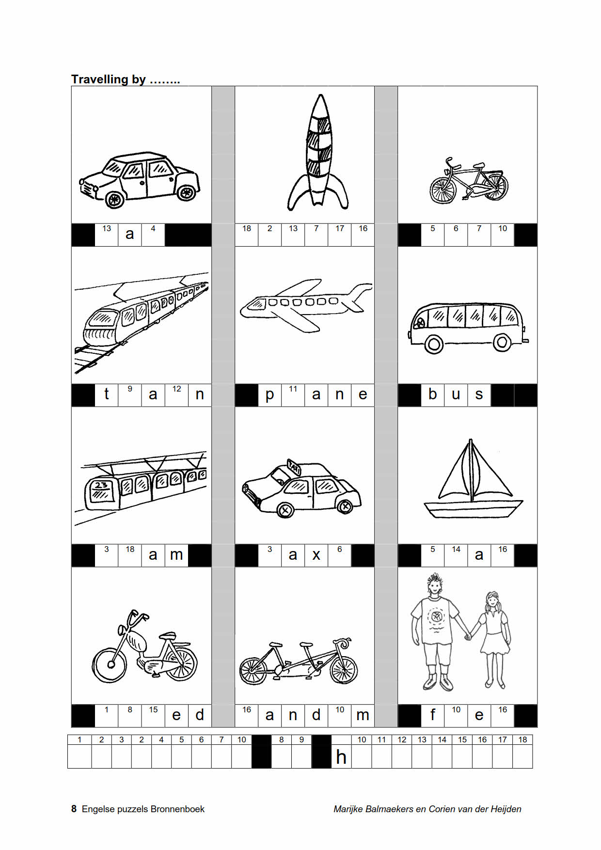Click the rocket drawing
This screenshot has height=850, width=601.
tap(318, 152)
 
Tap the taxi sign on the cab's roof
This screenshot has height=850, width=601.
tap(294, 467)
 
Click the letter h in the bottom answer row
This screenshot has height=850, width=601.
tap(341, 757)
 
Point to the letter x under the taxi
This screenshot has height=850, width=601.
tap(316, 555)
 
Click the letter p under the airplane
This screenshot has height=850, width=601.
tap(269, 396)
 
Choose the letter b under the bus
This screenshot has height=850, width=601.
tap(432, 394)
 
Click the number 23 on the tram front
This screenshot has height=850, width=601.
tap(101, 485)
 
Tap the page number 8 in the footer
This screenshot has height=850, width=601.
tap(74, 809)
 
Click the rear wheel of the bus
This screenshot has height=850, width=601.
tap(502, 343)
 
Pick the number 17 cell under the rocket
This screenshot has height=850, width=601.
tap(340, 235)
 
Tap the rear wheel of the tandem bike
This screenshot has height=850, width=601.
tap(253, 671)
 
